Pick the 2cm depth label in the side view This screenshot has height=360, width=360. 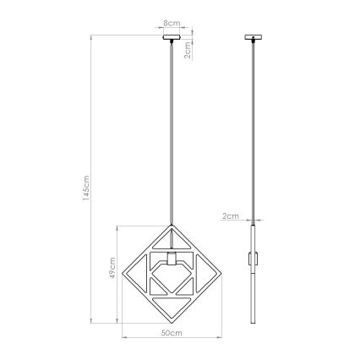pyautogui.click(x=229, y=216)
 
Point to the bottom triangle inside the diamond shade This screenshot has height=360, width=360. pyautogui.click(x=171, y=297)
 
